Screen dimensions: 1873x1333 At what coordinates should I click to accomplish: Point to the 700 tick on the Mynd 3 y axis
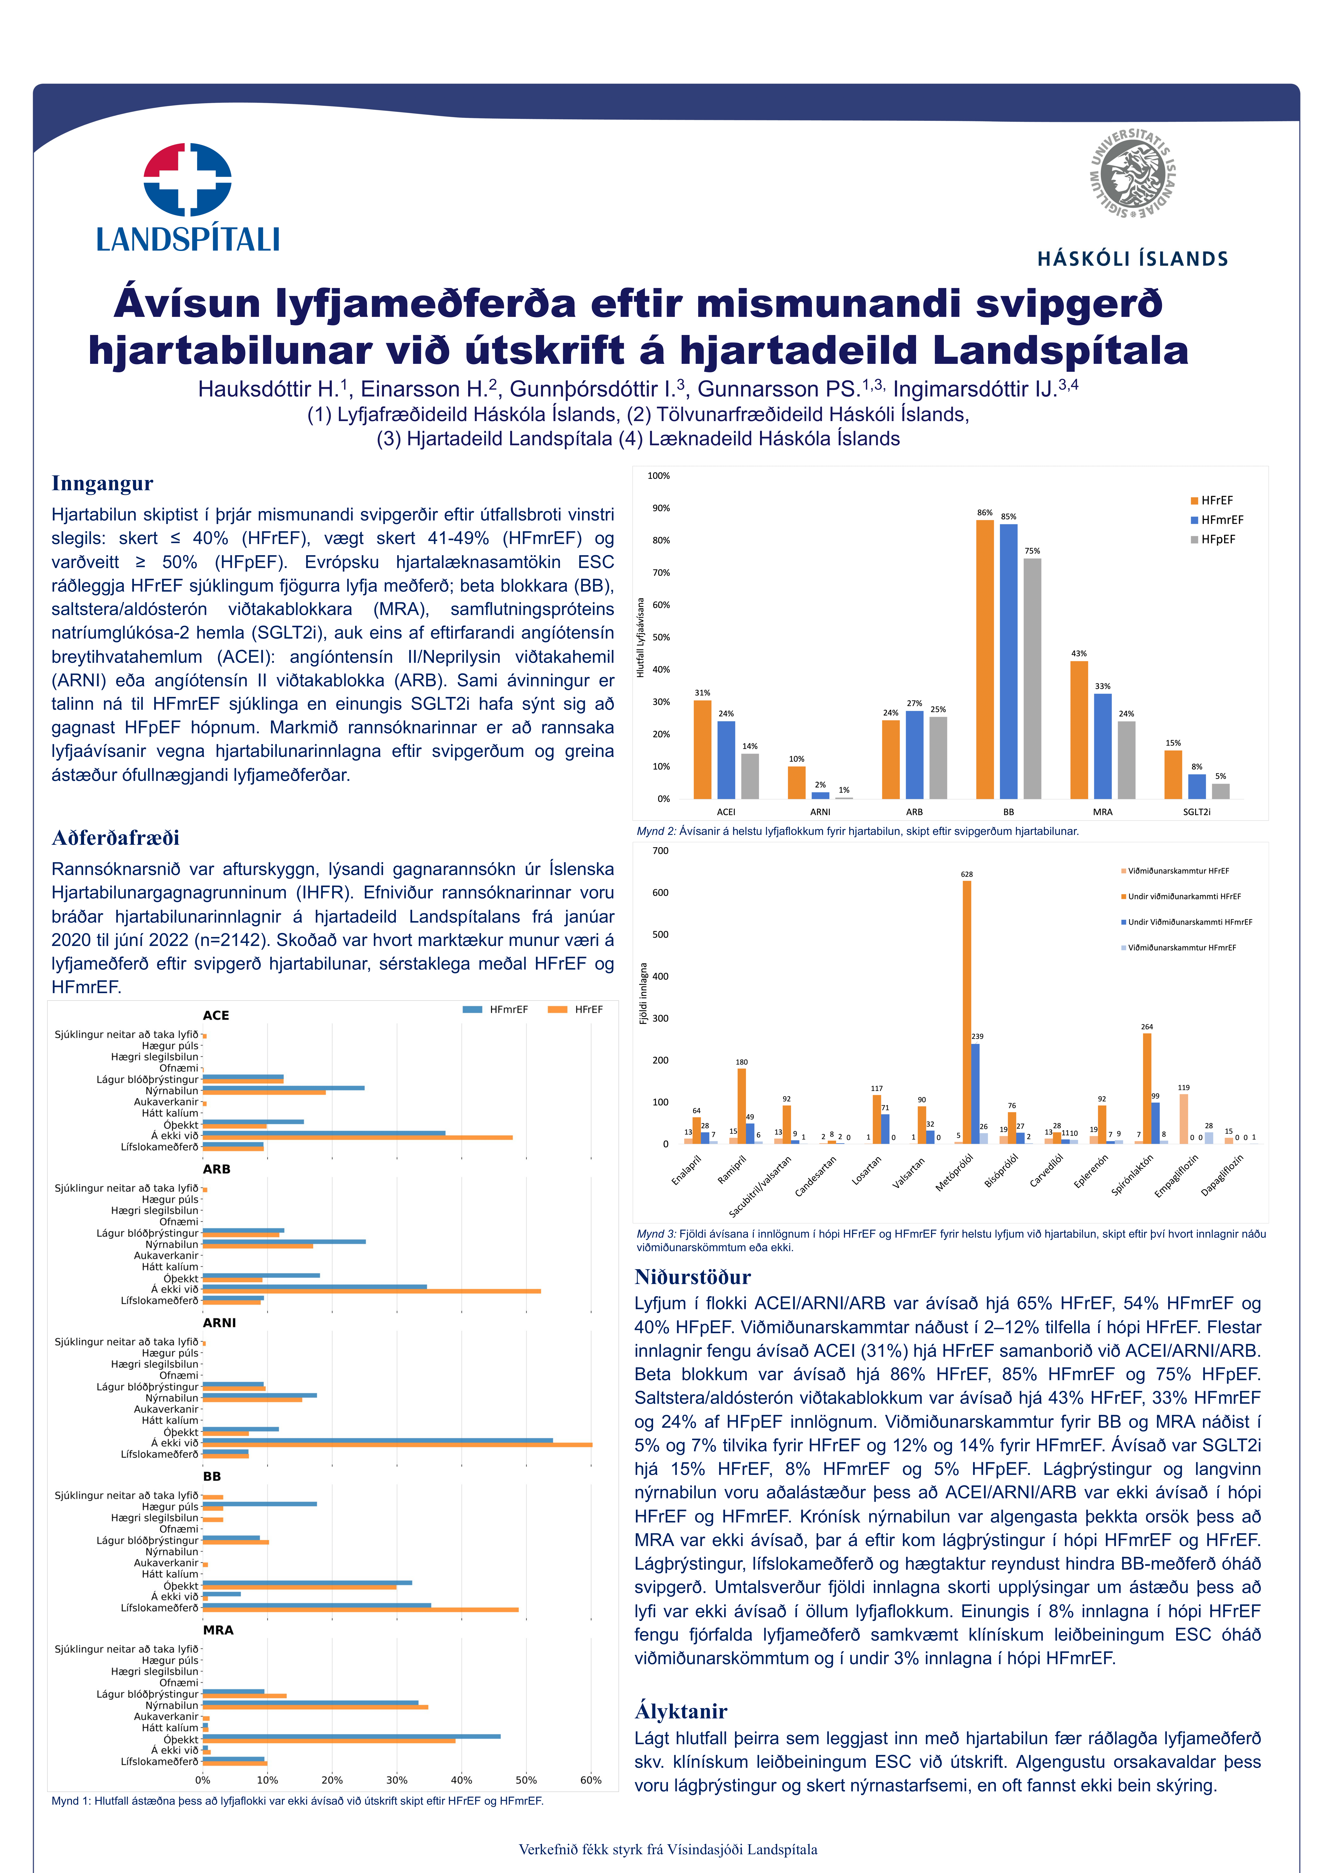coord(660,851)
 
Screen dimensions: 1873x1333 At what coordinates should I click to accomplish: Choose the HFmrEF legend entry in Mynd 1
coord(497,1009)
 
